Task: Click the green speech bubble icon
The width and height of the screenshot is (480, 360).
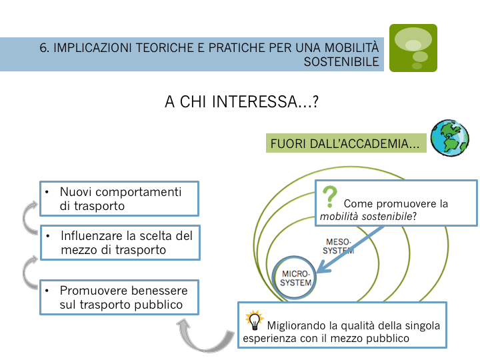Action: [x=413, y=48]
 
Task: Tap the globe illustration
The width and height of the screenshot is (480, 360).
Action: [x=450, y=138]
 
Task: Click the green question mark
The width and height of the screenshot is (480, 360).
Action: [x=330, y=197]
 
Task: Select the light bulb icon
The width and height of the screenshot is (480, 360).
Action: [x=255, y=320]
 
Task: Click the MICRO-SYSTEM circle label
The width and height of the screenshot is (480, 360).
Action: [x=295, y=278]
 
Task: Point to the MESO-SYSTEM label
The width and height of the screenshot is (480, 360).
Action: [x=338, y=247]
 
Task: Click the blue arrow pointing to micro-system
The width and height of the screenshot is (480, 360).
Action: [x=350, y=249]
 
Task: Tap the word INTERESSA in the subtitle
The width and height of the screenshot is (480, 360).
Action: [x=254, y=101]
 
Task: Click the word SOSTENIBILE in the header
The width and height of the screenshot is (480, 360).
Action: [x=341, y=62]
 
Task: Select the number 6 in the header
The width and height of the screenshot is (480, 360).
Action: [x=44, y=48]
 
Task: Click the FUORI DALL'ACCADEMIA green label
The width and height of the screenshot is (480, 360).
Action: [x=346, y=143]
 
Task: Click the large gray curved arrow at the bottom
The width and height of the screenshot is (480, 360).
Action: [x=205, y=335]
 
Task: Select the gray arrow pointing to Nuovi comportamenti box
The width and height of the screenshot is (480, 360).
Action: [x=30, y=217]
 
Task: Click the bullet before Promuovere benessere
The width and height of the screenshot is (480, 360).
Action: [x=47, y=291]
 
